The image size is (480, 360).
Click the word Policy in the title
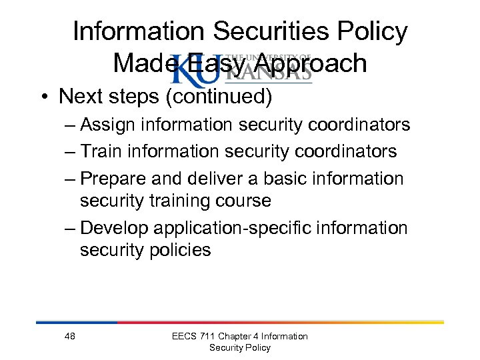(x=370, y=31)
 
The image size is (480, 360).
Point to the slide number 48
(x=70, y=336)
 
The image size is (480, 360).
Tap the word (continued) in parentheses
(x=219, y=97)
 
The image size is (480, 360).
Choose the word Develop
(x=115, y=229)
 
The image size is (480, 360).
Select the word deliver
(x=219, y=179)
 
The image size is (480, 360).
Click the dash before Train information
(x=71, y=152)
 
